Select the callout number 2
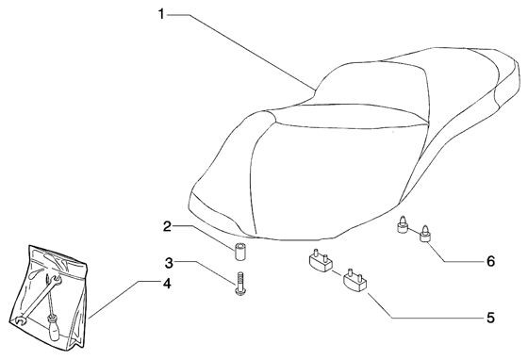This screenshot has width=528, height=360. [x=167, y=226]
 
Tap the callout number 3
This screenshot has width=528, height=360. [x=167, y=262]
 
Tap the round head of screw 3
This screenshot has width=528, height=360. [x=239, y=294]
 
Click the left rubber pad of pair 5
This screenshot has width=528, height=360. [x=318, y=261]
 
